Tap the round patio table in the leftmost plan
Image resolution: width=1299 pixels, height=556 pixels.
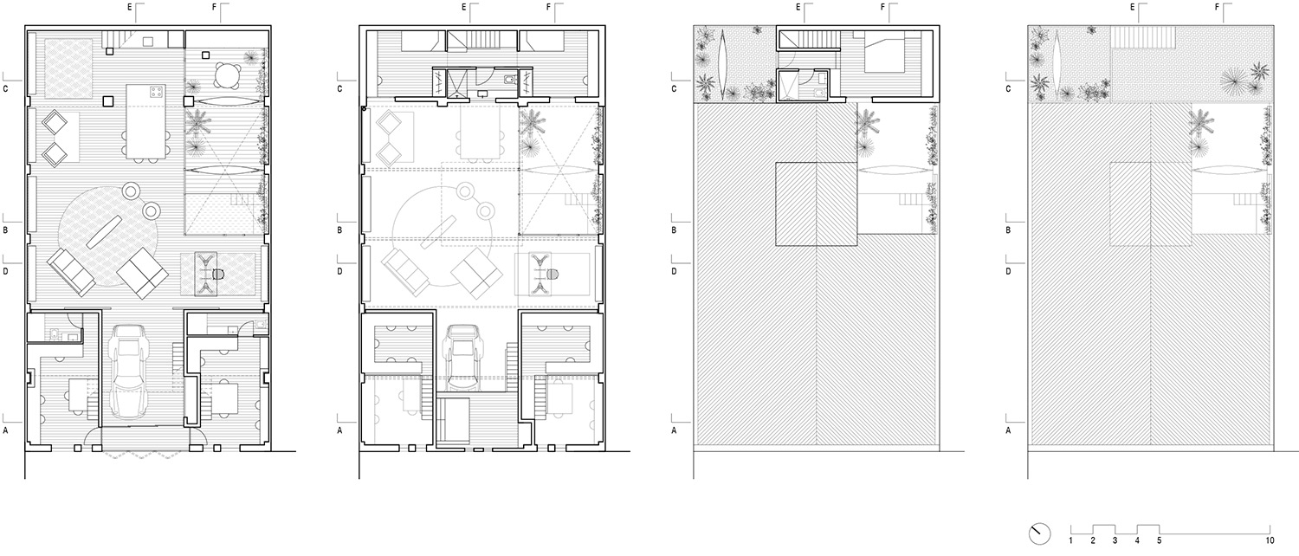point(228,73)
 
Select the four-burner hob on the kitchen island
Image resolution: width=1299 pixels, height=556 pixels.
point(155,92)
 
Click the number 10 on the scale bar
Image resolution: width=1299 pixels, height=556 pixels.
point(1269,540)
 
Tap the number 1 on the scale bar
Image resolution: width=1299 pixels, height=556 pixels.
point(1071,540)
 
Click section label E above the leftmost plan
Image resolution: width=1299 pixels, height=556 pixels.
point(130,8)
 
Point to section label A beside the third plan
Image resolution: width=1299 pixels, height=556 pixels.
point(675,430)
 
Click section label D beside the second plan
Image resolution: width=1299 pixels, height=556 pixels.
point(340,271)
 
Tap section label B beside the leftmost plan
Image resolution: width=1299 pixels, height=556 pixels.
point(6,230)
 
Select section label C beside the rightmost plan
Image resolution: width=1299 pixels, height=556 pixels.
point(1008,88)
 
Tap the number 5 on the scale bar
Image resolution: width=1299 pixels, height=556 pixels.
point(1159,540)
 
